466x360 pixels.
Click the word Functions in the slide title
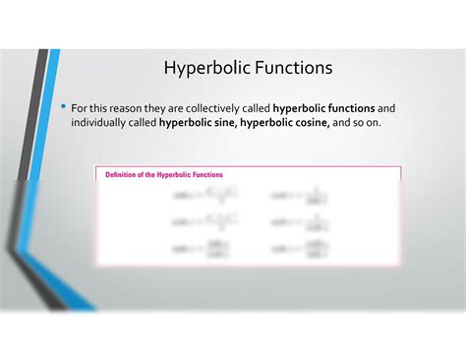(x=292, y=68)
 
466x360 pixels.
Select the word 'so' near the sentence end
(x=363, y=124)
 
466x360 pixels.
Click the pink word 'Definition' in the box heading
(x=124, y=174)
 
